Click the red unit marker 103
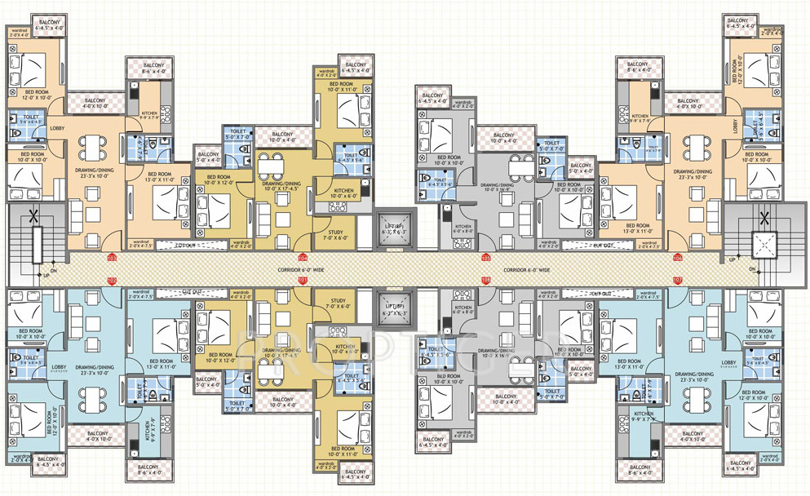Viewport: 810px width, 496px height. coord(112,258)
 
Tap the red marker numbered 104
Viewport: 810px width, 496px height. coord(303,258)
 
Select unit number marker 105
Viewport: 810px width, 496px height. coord(486,258)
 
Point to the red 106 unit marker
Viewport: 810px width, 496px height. coord(678,258)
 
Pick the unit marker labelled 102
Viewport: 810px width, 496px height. coord(112,281)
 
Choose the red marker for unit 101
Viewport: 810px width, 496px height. coord(303,281)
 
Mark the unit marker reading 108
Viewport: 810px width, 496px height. coord(486,281)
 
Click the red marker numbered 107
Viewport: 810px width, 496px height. coord(678,281)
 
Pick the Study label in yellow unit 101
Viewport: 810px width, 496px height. coord(335,301)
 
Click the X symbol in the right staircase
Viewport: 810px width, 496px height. coord(764,218)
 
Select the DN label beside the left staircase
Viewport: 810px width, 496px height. coord(54,271)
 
